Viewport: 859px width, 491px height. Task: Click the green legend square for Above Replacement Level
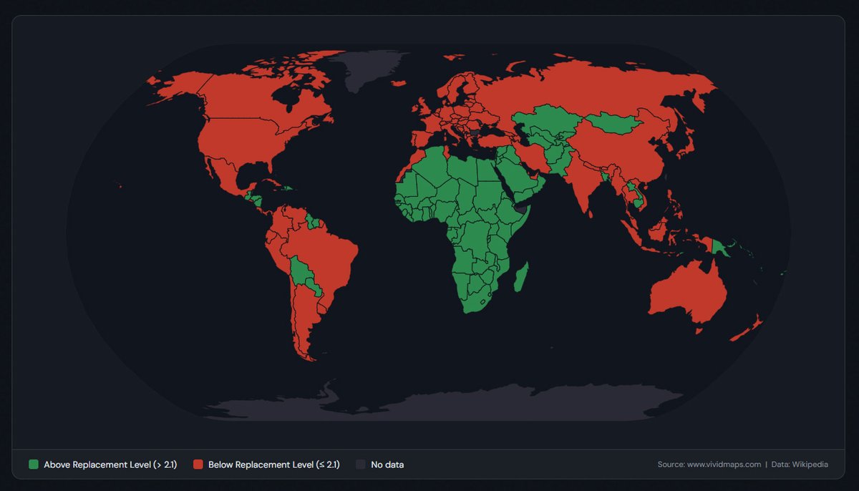pos(34,465)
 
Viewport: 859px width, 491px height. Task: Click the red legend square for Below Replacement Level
pos(198,465)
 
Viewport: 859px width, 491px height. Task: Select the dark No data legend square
pos(361,465)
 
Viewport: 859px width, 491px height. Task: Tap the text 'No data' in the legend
pos(387,465)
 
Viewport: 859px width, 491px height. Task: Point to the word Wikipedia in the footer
pos(809,465)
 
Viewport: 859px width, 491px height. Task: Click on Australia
pos(687,293)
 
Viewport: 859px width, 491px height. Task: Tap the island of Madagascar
pos(520,277)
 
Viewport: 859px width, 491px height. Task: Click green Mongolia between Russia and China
pos(619,123)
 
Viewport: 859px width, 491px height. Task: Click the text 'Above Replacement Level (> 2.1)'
pos(110,465)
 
